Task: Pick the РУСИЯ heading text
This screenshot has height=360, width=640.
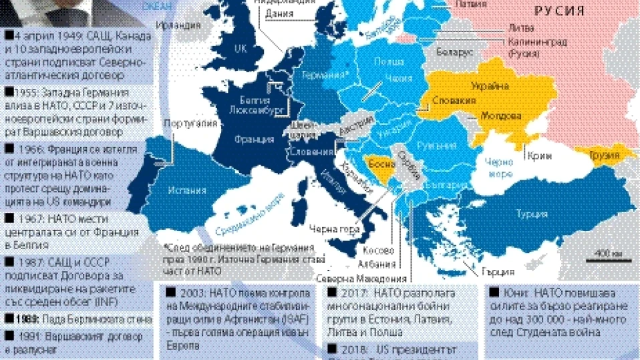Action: coord(559,11)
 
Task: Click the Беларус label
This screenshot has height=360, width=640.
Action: coord(454,51)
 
